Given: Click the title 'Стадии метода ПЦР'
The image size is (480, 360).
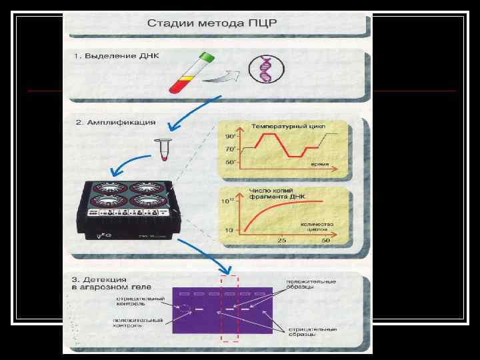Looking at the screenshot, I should [212, 23].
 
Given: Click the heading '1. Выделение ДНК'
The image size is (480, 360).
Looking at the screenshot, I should [108, 56].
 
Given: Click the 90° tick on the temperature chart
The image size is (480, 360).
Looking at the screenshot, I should [230, 136].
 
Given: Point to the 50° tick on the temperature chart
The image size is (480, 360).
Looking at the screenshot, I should [230, 162].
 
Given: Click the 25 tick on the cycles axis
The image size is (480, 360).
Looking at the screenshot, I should [282, 239].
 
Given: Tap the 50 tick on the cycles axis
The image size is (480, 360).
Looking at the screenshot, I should [326, 239].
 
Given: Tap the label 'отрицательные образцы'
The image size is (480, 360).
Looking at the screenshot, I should [312, 332].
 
